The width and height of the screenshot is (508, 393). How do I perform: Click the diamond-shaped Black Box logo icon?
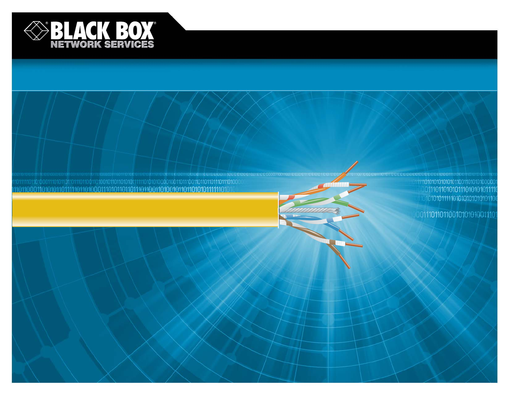(x=36, y=31)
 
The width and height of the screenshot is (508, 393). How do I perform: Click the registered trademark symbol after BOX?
(x=155, y=23)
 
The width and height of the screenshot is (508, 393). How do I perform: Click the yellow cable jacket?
(x=144, y=210)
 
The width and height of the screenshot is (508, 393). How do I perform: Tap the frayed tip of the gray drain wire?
(x=336, y=211)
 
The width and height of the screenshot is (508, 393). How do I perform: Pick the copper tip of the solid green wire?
(x=357, y=208)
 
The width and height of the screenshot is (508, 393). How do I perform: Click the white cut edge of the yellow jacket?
(x=278, y=210)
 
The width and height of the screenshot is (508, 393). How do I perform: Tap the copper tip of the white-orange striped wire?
(x=357, y=185)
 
